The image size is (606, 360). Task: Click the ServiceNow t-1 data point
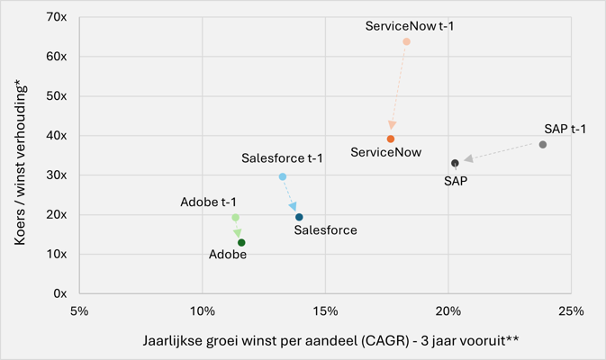point(407,42)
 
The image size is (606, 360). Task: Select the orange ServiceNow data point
point(391,139)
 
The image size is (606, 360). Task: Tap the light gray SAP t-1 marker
point(543,145)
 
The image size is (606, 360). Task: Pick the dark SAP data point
point(456,164)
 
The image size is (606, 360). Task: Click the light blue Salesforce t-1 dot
point(283,177)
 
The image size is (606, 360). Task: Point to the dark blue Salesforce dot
point(300,217)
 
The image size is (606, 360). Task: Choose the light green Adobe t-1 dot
point(236,218)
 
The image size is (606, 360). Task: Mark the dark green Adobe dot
point(242,243)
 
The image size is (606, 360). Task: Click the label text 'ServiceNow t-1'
point(410,26)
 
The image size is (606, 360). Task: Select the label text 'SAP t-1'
point(565,130)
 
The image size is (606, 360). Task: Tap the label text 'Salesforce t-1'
point(282,158)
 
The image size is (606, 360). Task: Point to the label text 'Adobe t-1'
point(208,202)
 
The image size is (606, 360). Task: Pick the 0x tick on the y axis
point(59,293)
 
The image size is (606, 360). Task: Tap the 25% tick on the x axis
point(571,311)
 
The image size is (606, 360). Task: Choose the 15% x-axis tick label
point(325,311)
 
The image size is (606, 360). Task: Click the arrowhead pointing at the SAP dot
point(468,160)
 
